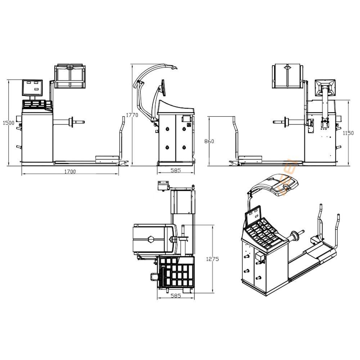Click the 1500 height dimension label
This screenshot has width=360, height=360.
point(9,123)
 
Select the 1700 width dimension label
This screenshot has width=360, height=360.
point(70,171)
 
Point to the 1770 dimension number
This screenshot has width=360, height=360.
point(132,115)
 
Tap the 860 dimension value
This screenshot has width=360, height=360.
point(209,141)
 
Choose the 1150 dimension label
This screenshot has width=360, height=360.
point(348,133)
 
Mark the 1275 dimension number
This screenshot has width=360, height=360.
point(212,259)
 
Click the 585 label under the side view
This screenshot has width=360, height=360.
point(176,170)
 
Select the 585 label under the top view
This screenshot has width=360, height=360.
point(176,296)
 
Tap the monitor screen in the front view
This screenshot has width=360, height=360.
point(32,88)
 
